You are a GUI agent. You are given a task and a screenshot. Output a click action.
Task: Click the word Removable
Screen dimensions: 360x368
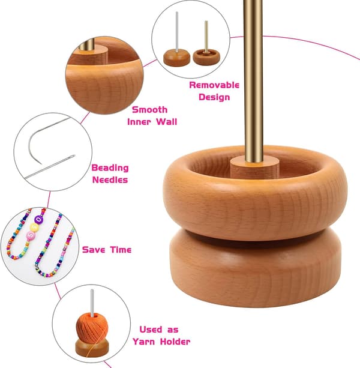[x=214, y=85]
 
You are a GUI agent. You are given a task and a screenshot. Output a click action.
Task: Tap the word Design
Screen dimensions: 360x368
[x=214, y=97]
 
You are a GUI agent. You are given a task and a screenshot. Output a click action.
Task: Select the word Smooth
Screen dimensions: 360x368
[x=149, y=110]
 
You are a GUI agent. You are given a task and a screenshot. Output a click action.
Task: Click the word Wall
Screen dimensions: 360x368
[x=166, y=122]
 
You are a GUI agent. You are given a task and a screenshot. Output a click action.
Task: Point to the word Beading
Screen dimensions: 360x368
[x=110, y=168]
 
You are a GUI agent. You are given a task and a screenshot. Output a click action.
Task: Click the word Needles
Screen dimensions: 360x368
[x=110, y=179]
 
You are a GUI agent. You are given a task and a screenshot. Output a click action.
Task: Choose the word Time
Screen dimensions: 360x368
[x=121, y=250]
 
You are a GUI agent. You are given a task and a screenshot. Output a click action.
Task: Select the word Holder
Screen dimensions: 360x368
[x=175, y=342]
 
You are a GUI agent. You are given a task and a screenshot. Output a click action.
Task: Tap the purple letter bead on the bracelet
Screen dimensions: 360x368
[x=38, y=220]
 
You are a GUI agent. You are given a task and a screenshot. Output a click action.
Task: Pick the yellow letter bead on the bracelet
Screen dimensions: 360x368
[x=35, y=227]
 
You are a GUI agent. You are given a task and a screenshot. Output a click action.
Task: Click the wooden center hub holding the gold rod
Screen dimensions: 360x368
[x=254, y=168]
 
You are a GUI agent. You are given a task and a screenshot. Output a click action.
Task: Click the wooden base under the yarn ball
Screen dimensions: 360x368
[x=92, y=348]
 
